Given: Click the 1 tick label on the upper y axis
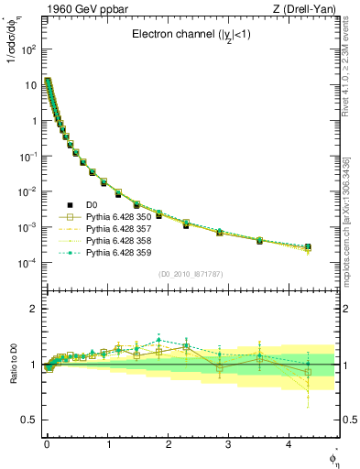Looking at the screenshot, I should click(33, 120).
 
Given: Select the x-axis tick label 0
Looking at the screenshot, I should click(47, 443).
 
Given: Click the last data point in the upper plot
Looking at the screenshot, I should click(308, 246).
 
